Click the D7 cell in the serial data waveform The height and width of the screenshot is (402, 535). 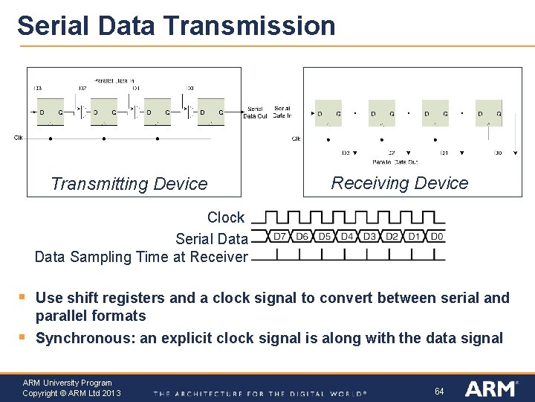[279, 237]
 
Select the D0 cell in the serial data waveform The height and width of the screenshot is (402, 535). [436, 237]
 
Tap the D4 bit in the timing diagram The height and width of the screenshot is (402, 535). [347, 237]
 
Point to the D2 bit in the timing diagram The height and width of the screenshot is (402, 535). [392, 237]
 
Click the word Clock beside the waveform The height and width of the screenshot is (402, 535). [226, 217]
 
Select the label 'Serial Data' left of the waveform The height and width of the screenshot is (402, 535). [212, 239]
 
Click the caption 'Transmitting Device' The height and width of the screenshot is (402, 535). [129, 184]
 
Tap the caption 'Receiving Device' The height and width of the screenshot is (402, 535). [400, 183]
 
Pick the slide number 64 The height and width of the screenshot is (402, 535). [439, 391]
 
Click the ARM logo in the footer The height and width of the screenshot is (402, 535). [490, 389]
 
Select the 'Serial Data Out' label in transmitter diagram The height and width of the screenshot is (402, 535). [255, 112]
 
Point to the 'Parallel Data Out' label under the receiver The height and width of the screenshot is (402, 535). [395, 162]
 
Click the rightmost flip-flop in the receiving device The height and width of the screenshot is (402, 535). [488, 113]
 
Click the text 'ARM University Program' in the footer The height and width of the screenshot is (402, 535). [67, 383]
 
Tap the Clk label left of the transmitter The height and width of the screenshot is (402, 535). [19, 137]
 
